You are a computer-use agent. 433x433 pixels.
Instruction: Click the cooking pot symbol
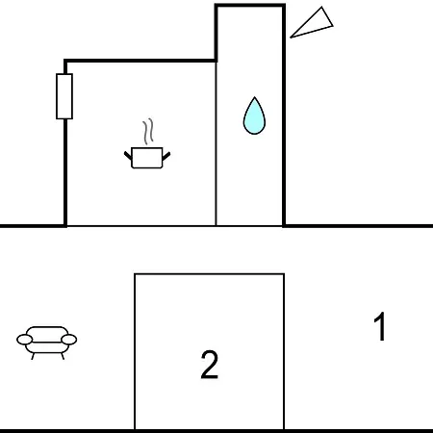[x=147, y=158]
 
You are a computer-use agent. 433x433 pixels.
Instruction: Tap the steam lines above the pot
[x=148, y=131]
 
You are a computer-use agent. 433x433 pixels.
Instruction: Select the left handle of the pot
[x=128, y=156]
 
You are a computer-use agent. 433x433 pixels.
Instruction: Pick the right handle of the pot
[x=166, y=156]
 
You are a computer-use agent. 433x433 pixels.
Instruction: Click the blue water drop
[x=254, y=117]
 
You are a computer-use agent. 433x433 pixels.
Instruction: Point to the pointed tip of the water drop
[x=255, y=97]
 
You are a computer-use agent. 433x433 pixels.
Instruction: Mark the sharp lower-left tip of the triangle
[x=291, y=38]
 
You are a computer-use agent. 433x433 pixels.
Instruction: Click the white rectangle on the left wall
[x=64, y=96]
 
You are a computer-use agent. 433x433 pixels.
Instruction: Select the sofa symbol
[x=47, y=343]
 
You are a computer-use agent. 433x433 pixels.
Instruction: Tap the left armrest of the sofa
[x=25, y=340]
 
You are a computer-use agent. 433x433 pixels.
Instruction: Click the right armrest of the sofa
[x=69, y=340]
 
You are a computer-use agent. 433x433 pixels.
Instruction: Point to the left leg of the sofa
[x=33, y=356]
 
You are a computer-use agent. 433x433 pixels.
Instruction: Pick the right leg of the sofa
[x=63, y=356]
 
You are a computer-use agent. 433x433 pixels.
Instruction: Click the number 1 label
[x=380, y=326]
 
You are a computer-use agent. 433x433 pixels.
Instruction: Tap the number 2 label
[x=210, y=365]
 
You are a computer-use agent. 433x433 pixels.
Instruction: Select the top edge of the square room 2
[x=210, y=274]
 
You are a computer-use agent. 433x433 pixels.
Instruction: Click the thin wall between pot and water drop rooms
[x=216, y=143]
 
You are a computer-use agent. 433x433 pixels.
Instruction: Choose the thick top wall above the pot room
[x=140, y=61]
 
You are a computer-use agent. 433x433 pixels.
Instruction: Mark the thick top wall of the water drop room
[x=250, y=5]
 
